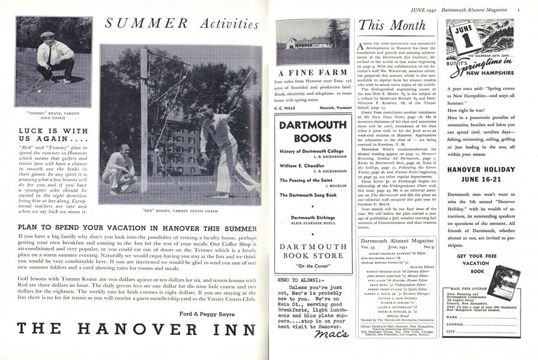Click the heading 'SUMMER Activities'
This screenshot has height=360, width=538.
tap(181, 24)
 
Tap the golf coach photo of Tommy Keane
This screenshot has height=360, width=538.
tap(53, 62)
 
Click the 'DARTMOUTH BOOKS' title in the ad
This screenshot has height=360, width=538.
tap(312, 131)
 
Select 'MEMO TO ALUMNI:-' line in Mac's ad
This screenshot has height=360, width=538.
tap(297, 296)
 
